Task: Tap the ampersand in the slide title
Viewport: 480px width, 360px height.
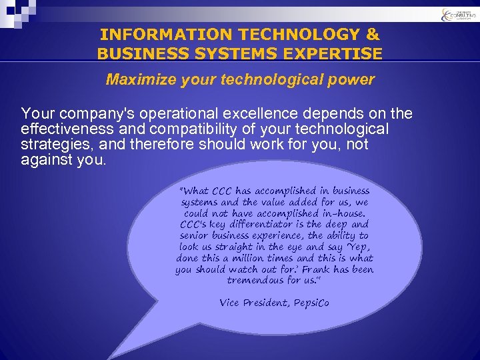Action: [372, 35]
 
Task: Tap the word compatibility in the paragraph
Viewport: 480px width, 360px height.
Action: [199, 129]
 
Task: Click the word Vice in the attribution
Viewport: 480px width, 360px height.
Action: [231, 303]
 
